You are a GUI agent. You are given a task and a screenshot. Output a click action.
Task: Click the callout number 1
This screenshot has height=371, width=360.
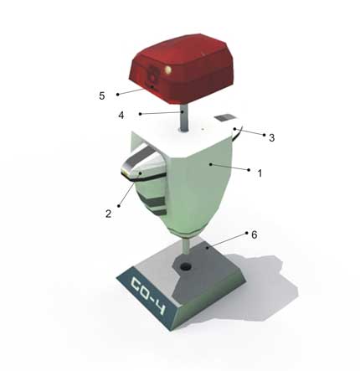pyautogui.click(x=260, y=173)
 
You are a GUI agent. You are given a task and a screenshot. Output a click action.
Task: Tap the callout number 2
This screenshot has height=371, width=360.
pyautogui.click(x=108, y=214)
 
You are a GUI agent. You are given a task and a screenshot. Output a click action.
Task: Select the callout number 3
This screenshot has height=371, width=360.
pyautogui.click(x=271, y=137)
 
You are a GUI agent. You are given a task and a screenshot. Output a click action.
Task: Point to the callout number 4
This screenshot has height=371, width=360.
pyautogui.click(x=121, y=116)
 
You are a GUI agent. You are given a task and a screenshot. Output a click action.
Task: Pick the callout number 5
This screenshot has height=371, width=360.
pyautogui.click(x=102, y=95)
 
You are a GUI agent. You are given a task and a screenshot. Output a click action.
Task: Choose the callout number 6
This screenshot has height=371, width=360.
pyautogui.click(x=254, y=234)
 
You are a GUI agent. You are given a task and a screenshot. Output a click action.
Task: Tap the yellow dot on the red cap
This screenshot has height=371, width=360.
pyautogui.click(x=168, y=70)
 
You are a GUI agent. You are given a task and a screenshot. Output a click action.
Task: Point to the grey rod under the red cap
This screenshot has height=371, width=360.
pyautogui.click(x=183, y=118)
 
